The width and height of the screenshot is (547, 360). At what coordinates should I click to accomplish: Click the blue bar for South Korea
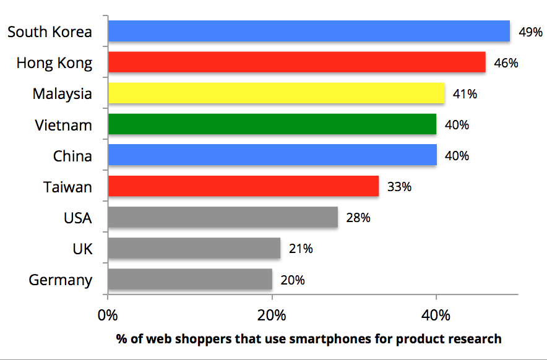tap(308, 32)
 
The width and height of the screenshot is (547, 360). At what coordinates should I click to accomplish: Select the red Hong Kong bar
tap(296, 62)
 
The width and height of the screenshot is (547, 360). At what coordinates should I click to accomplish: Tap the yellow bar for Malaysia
tap(276, 93)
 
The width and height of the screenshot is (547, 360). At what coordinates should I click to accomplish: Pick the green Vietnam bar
tap(272, 124)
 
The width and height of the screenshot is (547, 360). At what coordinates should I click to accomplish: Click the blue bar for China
tap(272, 155)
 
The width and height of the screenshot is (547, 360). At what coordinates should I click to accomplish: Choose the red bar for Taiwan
tap(243, 186)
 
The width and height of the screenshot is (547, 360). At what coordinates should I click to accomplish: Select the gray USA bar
tap(223, 217)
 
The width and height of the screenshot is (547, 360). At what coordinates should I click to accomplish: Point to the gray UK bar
tap(194, 248)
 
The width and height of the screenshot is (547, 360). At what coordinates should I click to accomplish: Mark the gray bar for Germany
tap(190, 279)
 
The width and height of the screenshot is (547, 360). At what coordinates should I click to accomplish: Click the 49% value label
tap(530, 32)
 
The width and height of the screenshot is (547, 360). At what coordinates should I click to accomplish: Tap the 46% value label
tap(506, 63)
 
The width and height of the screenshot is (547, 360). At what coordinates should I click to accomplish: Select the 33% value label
tap(399, 187)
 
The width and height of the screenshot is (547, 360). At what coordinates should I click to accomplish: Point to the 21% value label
tap(301, 249)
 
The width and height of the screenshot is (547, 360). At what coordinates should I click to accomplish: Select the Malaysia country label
tap(62, 94)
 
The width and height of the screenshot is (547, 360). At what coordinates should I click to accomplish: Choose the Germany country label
tap(61, 280)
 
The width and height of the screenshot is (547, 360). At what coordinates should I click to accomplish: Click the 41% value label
tap(465, 94)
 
